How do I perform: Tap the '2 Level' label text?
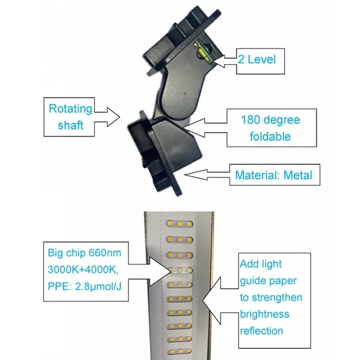point(257,60)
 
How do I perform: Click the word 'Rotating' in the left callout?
point(71,109)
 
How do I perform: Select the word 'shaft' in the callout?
point(70,126)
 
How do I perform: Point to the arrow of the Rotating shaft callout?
point(107,117)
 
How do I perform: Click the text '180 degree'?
point(270,120)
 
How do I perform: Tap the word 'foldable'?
point(270,136)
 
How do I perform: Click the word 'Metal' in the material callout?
point(298,175)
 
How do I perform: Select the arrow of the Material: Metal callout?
point(207,175)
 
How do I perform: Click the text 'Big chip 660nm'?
point(84,253)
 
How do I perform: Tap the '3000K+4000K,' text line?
point(83,270)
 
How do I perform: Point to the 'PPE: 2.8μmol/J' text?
point(84,287)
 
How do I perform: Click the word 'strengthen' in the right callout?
point(277,298)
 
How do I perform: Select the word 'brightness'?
point(264,314)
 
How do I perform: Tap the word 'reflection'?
point(262,331)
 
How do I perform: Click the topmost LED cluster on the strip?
point(179,224)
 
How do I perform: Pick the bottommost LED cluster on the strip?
point(180,351)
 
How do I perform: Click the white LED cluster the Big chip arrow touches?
point(180,270)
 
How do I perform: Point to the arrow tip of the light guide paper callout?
point(202,300)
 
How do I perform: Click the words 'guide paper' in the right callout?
point(268,281)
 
